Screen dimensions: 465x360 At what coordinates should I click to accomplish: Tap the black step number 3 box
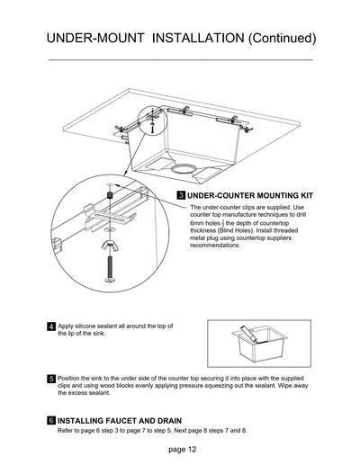tap(181, 194)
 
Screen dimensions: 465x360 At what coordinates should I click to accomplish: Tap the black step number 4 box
tap(50, 326)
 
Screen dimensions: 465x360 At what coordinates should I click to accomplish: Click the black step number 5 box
tap(50, 379)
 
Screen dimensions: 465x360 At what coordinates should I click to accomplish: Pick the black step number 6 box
tap(50, 420)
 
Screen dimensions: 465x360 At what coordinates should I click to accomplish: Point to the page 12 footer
tap(181, 448)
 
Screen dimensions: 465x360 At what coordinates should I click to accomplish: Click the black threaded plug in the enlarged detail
tap(108, 196)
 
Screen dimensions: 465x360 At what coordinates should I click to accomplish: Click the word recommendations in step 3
tap(215, 246)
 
